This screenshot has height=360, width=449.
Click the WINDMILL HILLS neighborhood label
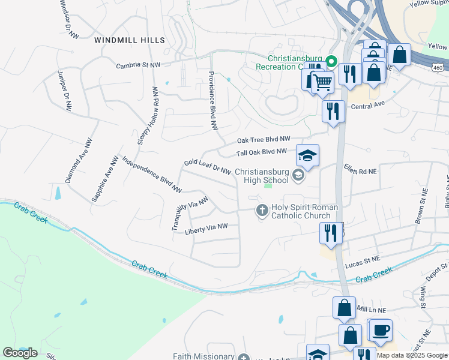coord(129,40)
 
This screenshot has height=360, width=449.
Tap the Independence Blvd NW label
coord(152,175)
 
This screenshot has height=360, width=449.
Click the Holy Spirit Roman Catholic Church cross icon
coord(262,211)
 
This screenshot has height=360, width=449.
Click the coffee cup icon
coord(381,329)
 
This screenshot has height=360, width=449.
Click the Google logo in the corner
coord(19,353)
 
